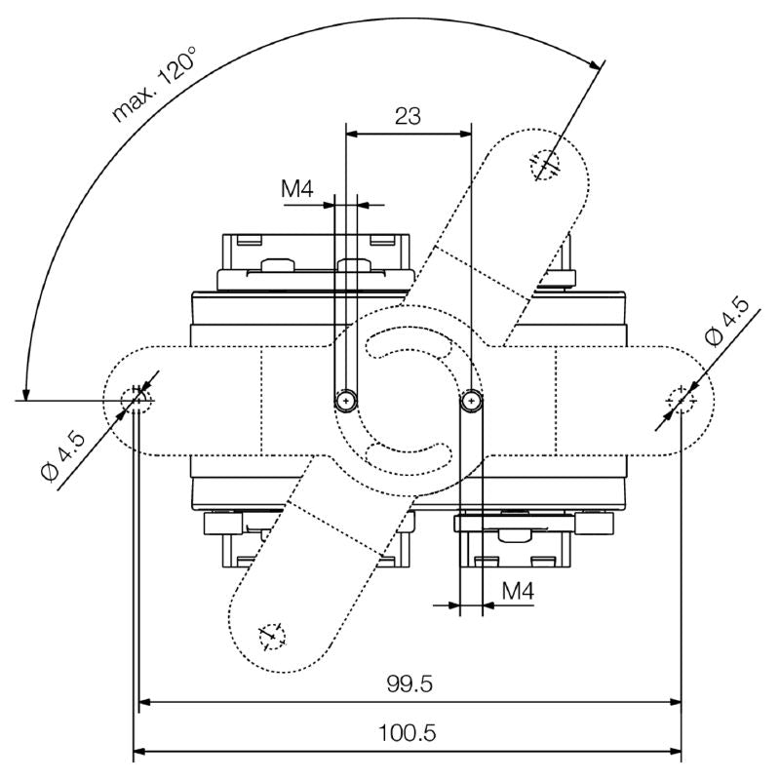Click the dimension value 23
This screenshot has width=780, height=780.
coord(408,116)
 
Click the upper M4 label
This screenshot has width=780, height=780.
coord(297,189)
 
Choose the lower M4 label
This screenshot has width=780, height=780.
coord(517,590)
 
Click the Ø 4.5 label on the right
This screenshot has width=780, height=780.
coord(728,324)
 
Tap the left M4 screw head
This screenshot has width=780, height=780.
coord(345,399)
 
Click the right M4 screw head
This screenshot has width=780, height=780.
coord(472,399)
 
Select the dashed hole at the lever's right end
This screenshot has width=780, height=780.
coord(681,400)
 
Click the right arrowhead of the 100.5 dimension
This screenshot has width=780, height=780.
coord(675,751)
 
